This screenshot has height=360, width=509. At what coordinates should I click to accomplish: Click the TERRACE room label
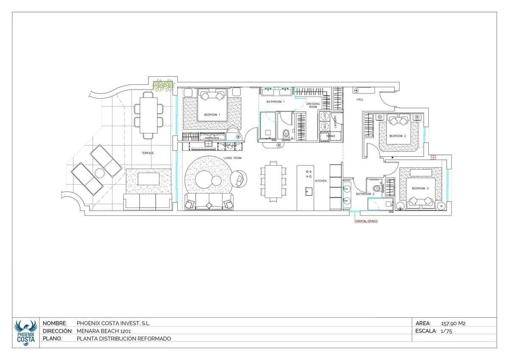148,153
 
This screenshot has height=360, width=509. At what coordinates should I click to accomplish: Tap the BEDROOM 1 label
212,115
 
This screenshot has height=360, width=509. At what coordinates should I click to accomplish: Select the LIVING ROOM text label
232,158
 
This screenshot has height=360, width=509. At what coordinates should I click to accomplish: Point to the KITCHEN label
321,181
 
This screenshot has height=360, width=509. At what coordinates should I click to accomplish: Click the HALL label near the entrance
360,99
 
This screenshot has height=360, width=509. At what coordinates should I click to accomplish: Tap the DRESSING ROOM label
313,105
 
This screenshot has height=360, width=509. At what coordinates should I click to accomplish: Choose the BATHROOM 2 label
365,194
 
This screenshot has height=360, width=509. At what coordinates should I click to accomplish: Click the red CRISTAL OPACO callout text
366,221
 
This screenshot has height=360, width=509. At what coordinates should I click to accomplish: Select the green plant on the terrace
163,85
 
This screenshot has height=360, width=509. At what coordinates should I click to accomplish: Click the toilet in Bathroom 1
286,134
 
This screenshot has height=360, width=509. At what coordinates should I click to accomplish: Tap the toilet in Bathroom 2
375,188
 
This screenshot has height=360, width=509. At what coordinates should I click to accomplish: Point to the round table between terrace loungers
100,173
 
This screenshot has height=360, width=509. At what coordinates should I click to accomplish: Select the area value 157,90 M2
453,323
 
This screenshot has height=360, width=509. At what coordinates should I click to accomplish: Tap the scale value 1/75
447,332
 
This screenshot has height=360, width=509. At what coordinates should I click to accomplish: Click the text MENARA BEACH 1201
100,331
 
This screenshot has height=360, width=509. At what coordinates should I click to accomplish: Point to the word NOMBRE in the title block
55,323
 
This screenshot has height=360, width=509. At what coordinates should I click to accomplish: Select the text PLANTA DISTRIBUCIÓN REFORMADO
124,338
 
